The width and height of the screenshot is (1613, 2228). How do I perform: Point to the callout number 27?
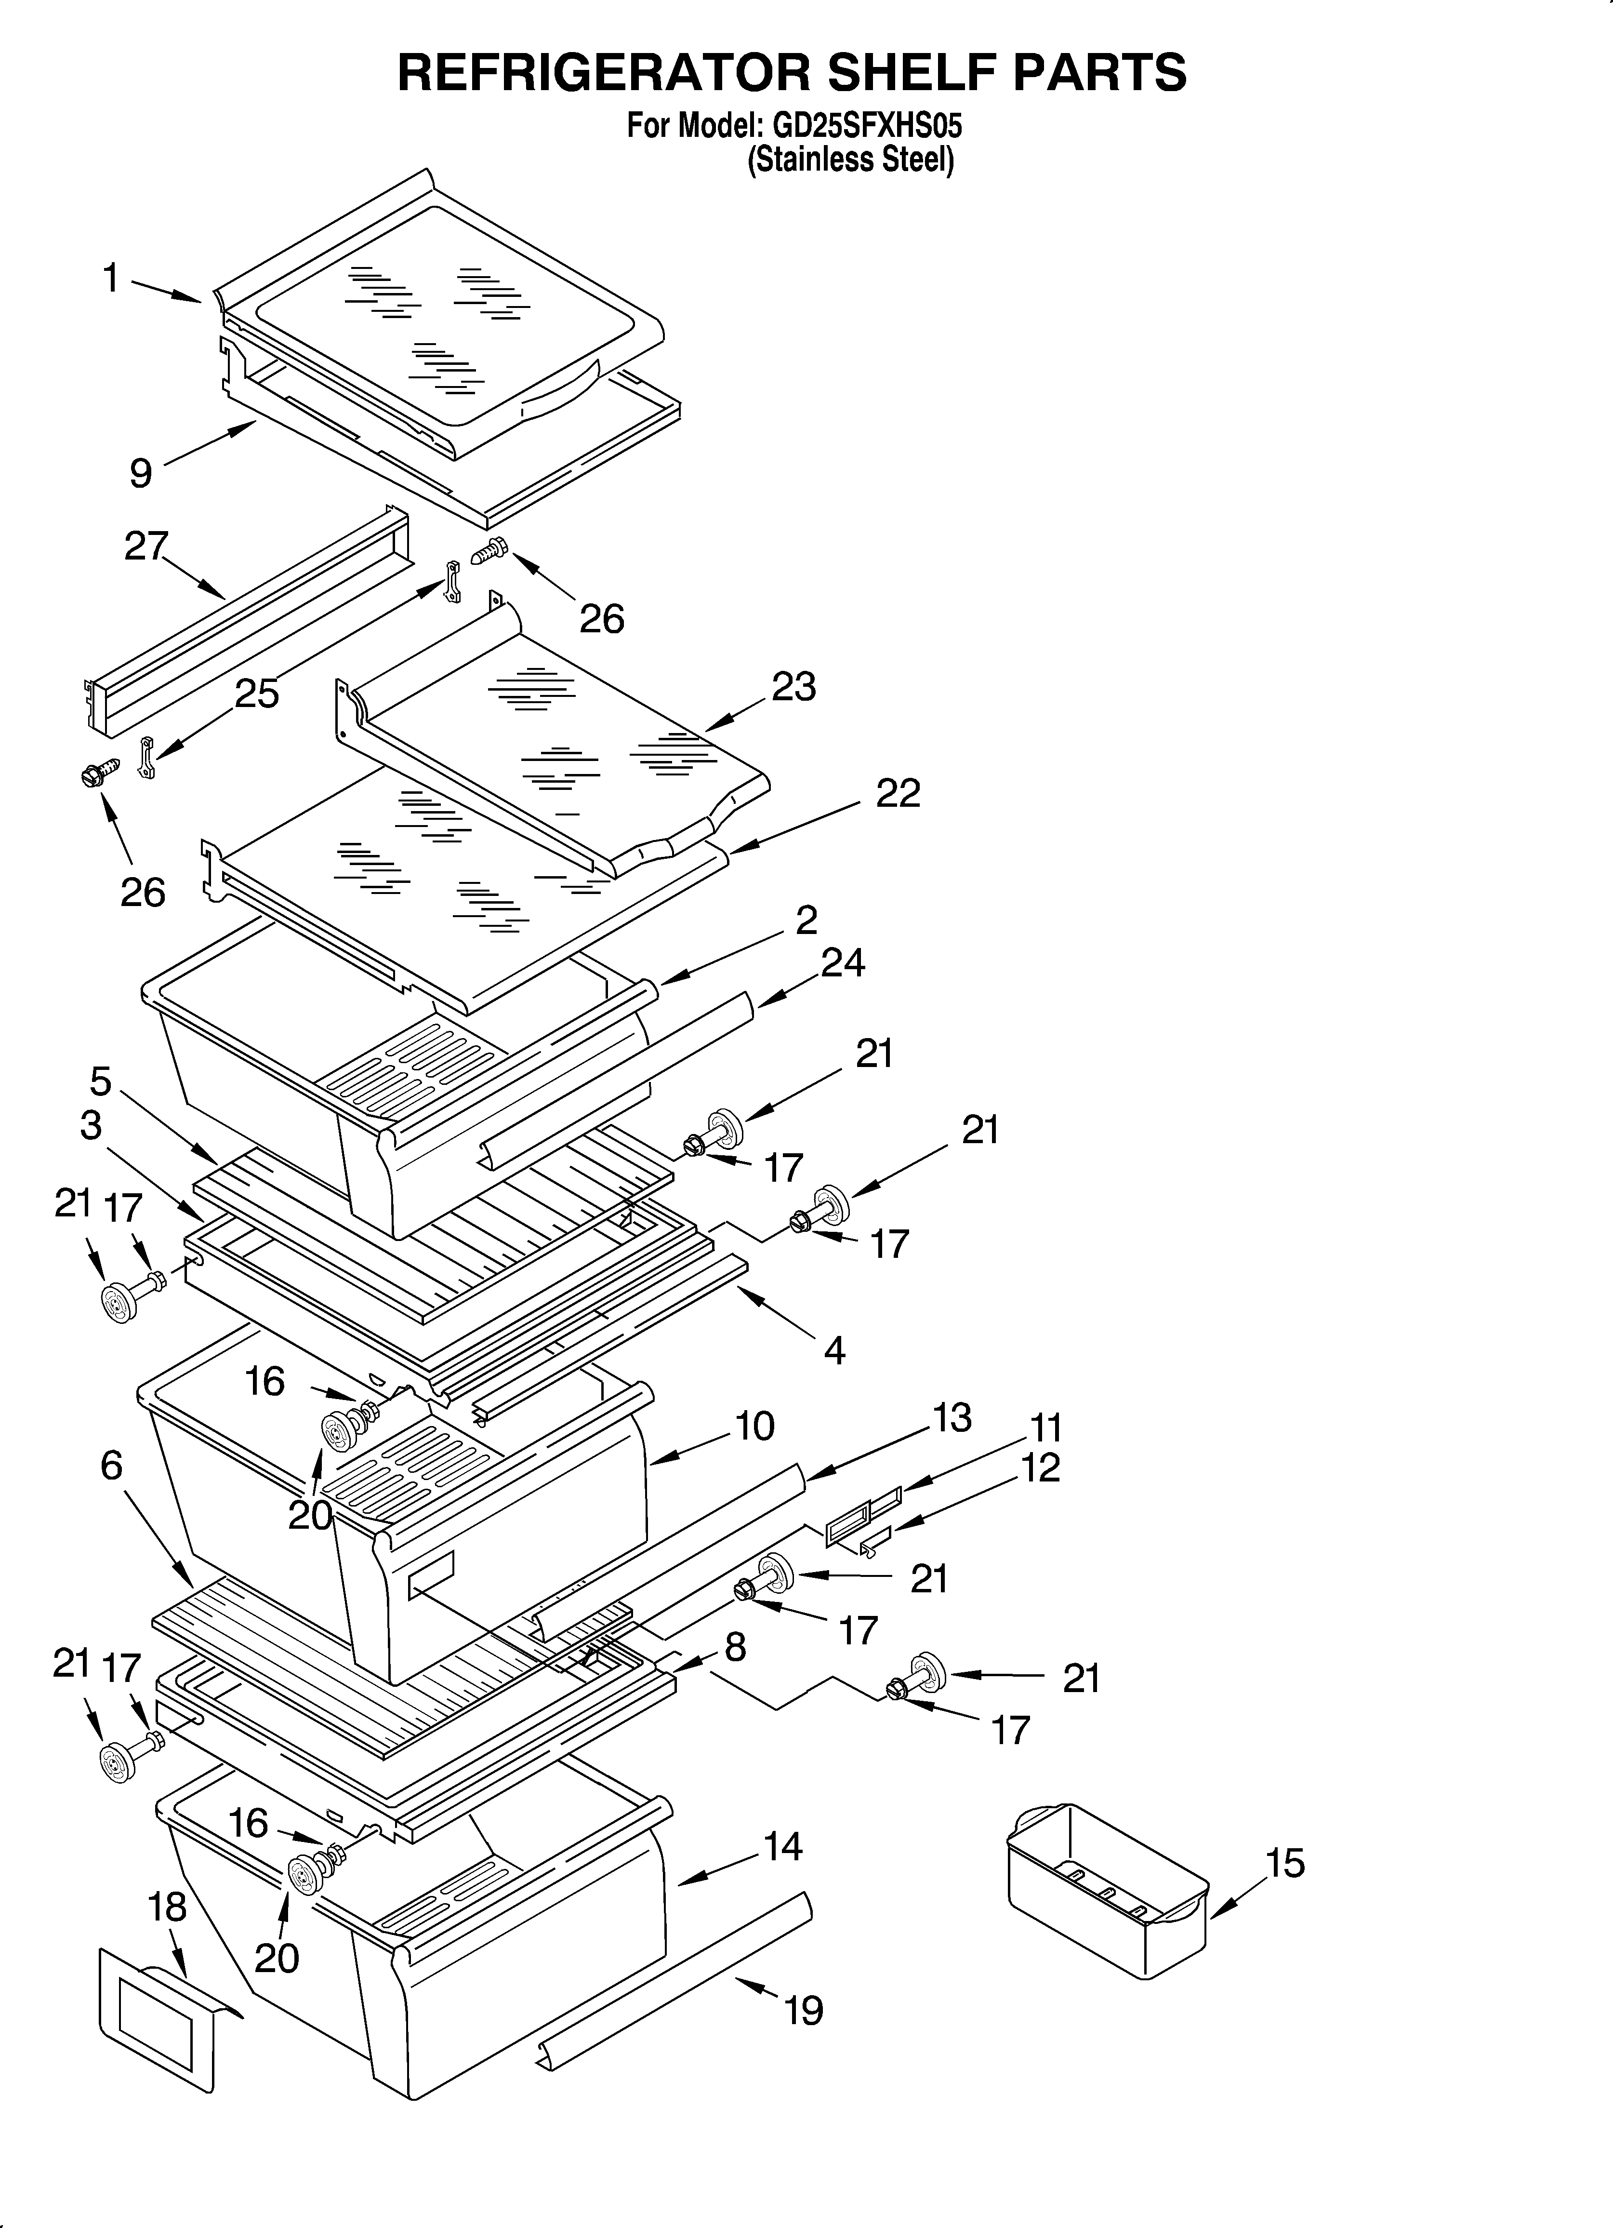[x=146, y=546]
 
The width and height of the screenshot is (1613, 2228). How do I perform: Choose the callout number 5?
[x=100, y=1081]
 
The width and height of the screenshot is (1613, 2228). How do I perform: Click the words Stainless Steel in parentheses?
[x=851, y=159]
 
